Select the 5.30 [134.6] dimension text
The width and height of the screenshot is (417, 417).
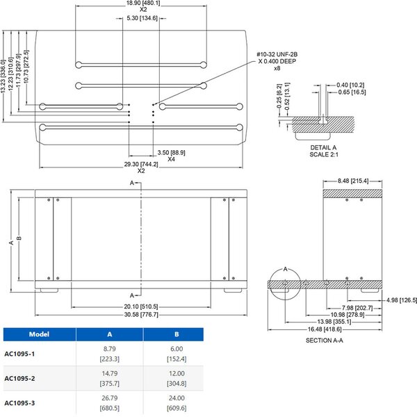pos(139,19)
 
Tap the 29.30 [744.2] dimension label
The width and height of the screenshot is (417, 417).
pos(142,165)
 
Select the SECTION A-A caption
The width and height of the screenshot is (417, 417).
pos(325,341)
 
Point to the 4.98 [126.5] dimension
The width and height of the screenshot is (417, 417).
pos(402,300)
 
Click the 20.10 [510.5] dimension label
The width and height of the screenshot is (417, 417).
pos(140,306)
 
